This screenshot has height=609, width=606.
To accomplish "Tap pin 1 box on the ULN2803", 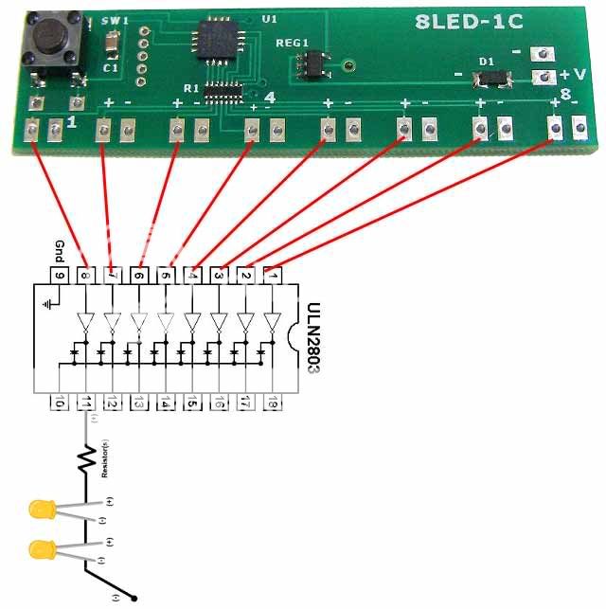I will (273, 276).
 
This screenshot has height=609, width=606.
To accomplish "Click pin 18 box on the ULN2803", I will (273, 402).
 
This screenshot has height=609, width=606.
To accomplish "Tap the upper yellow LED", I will (41, 510).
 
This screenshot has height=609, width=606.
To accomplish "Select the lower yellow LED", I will (41, 548).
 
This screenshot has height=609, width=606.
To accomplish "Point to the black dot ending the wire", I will (138, 598).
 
